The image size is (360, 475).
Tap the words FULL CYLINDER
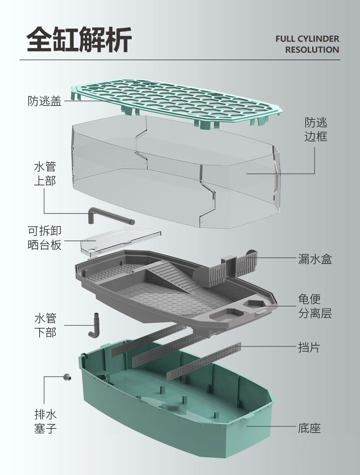coord(307,39)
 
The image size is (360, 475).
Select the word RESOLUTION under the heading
coord(312,50)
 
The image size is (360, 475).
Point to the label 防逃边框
coord(316,129)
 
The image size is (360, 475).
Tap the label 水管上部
coord(45,173)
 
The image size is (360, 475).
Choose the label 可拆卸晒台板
coord(45,238)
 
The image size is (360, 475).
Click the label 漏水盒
coord(315,259)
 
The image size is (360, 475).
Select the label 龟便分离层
coord(315,306)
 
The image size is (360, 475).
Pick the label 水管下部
coord(45,325)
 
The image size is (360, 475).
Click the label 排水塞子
coord(45,421)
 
